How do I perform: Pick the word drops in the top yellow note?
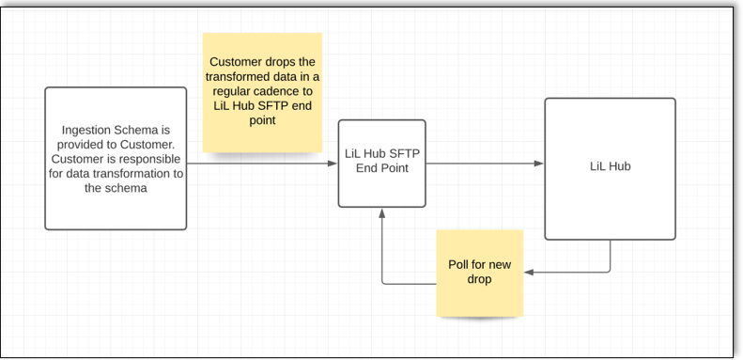tap(286, 61)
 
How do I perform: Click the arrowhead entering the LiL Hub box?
tap(539, 164)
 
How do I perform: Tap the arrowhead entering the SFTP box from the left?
tap(333, 164)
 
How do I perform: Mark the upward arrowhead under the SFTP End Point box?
tap(381, 212)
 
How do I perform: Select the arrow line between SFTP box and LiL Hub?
tap(484, 164)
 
